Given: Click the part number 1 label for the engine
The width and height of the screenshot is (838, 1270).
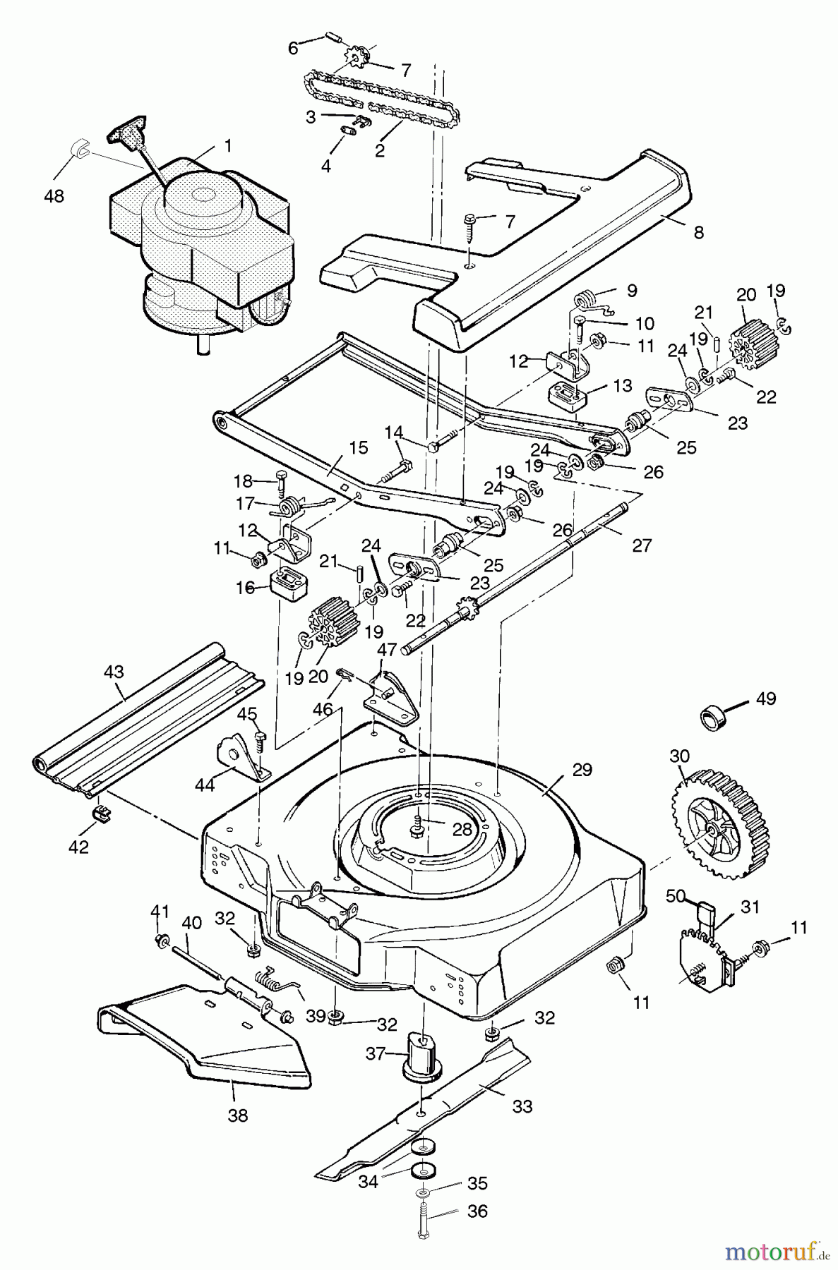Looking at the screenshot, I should [227, 146].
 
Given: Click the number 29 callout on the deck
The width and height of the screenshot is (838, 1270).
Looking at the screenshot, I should [582, 770].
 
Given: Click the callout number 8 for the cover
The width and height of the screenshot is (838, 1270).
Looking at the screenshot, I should [699, 233].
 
